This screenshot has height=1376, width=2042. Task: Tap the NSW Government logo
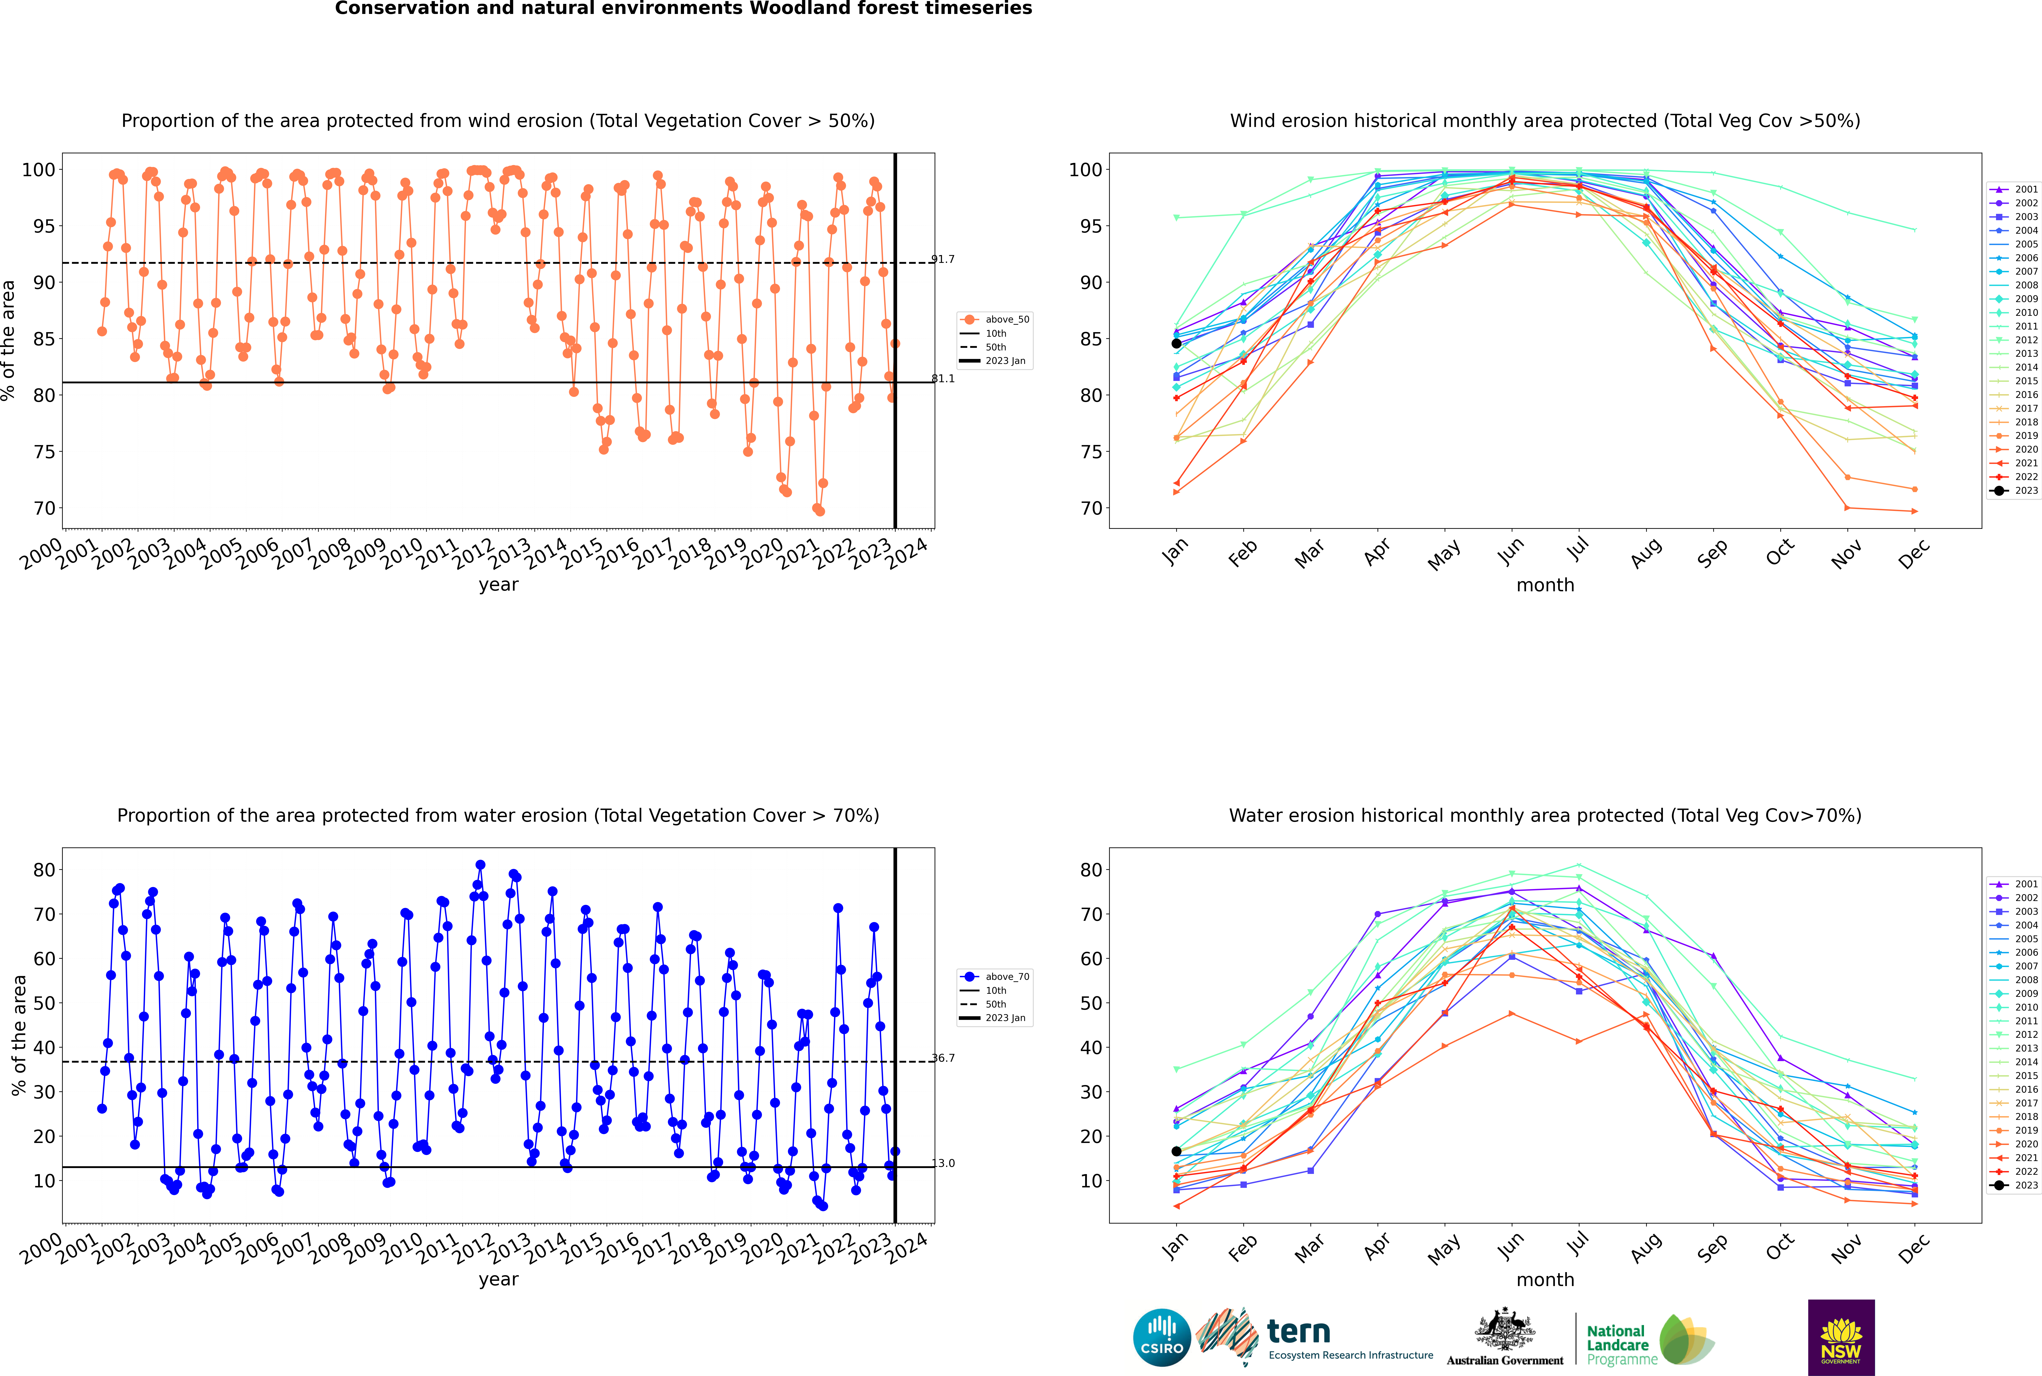tap(1841, 1337)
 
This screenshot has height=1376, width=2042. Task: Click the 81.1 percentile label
tap(943, 379)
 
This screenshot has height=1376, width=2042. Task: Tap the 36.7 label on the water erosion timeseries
tap(943, 1058)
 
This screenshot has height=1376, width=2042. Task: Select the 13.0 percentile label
tap(943, 1164)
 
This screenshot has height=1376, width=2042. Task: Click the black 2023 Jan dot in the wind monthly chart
tap(1176, 343)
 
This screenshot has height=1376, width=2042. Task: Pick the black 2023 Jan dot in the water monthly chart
tap(1176, 1151)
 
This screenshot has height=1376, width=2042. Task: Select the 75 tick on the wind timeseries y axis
tap(44, 452)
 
